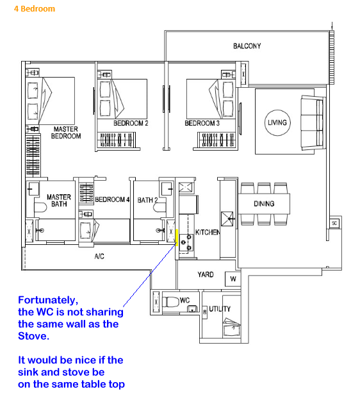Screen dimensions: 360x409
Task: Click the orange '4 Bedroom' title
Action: [x=35, y=9]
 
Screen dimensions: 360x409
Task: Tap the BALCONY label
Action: [x=247, y=46]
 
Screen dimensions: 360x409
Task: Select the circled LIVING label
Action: [x=277, y=122]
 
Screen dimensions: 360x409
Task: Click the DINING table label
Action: [x=264, y=204]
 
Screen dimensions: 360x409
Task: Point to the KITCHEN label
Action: [x=208, y=232]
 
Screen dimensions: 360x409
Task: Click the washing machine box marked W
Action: [x=233, y=279]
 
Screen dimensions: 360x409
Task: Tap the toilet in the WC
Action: [x=171, y=302]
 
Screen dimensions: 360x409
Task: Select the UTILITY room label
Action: [x=220, y=309]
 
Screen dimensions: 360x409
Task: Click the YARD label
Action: [x=206, y=274]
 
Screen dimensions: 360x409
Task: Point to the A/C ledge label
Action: [x=99, y=256]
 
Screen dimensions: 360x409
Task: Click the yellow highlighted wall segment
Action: [x=177, y=237]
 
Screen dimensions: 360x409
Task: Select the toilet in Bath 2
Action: [x=160, y=208]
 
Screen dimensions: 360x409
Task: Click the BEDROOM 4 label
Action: [x=112, y=199]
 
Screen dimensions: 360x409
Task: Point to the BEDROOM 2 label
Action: [x=131, y=123]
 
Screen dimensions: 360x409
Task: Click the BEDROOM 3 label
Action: [x=202, y=123]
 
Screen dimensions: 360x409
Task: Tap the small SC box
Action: [x=334, y=223]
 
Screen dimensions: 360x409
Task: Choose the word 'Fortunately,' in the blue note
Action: [x=48, y=300]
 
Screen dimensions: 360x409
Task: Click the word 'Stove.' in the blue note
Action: [x=33, y=336]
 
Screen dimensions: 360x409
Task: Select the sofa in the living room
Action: [x=313, y=123]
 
